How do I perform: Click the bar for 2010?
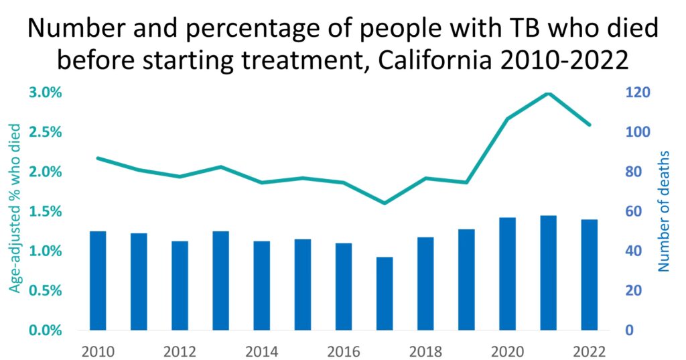[x=98, y=281]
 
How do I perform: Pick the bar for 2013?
[x=220, y=281]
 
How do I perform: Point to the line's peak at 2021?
[x=549, y=93]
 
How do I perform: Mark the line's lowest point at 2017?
[x=385, y=202]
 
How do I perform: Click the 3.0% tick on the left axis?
[x=45, y=93]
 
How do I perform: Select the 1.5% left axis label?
[x=45, y=212]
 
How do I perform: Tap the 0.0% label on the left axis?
[x=45, y=331]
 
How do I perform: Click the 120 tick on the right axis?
[x=636, y=93]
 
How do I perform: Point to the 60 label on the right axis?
[x=633, y=212]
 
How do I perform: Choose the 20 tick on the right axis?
[x=633, y=291]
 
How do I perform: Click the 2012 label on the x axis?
[x=180, y=351]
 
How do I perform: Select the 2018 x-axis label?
[x=425, y=351]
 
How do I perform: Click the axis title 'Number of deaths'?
[x=664, y=211]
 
